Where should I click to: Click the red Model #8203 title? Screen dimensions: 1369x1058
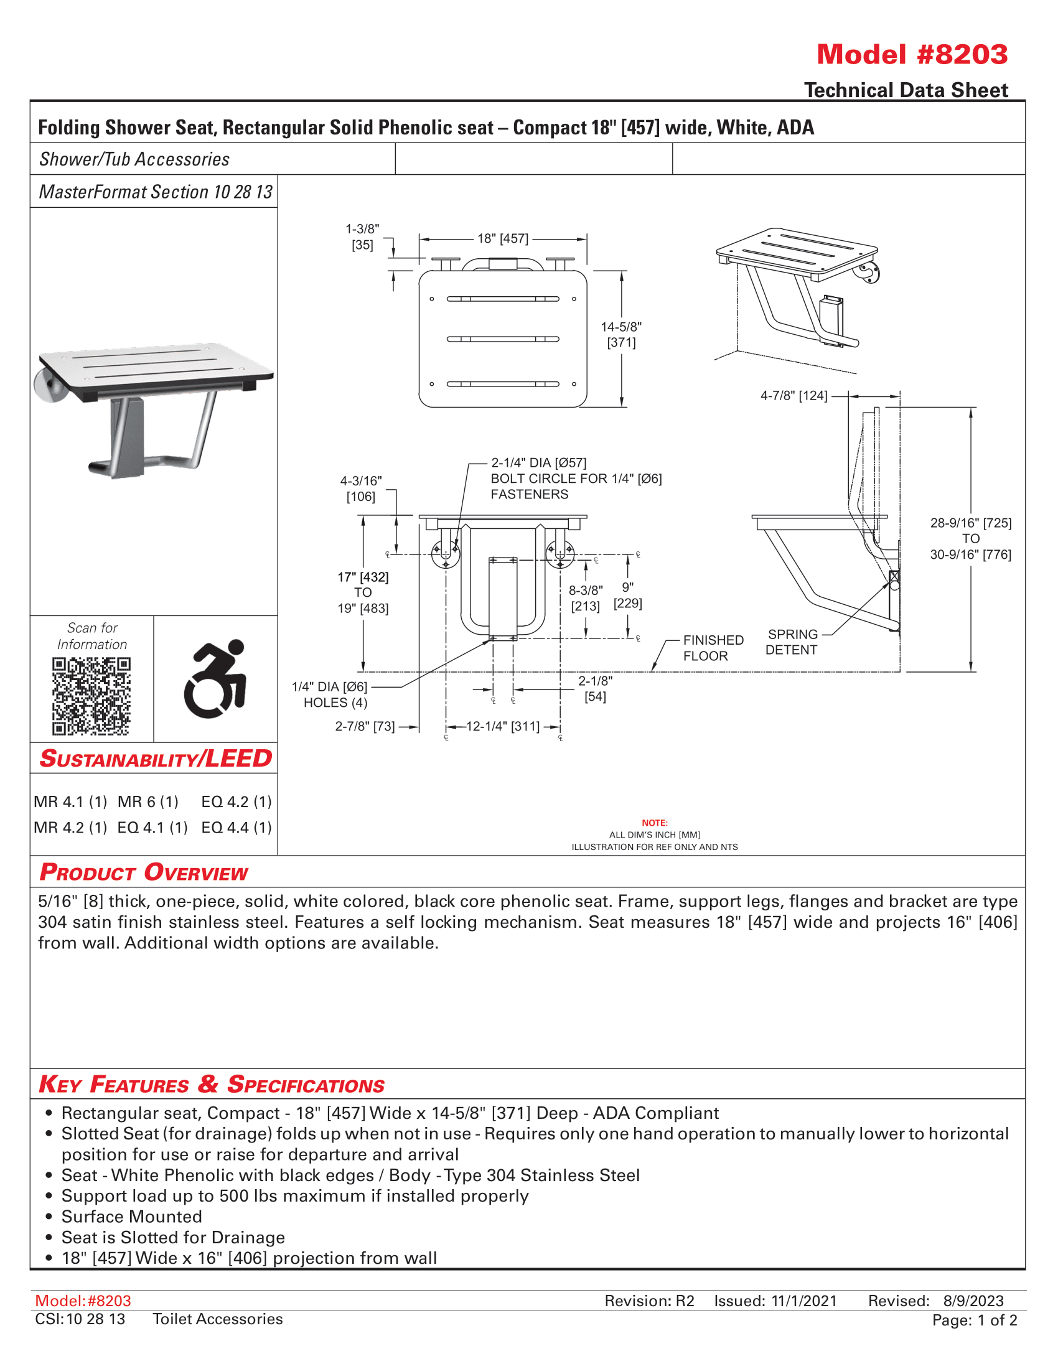click(x=912, y=55)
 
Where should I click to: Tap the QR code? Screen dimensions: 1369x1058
click(x=91, y=696)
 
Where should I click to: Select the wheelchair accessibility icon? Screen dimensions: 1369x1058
click(x=215, y=678)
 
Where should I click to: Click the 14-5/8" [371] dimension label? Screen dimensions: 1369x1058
click(x=621, y=334)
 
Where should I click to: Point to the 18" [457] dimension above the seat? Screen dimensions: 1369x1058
click(x=503, y=239)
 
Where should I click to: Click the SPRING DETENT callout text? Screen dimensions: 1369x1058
click(x=792, y=642)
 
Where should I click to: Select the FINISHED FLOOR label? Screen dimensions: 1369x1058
click(x=713, y=648)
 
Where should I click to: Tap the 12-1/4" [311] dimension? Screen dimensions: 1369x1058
click(x=503, y=726)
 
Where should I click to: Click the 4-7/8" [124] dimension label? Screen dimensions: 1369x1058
click(x=793, y=396)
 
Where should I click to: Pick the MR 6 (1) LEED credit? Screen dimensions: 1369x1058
click(x=148, y=801)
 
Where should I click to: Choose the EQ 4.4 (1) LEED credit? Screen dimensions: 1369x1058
click(x=236, y=828)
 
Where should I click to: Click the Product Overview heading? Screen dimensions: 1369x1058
click(x=144, y=872)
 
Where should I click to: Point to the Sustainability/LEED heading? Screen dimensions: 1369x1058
click(x=156, y=759)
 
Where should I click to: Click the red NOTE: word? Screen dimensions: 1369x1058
click(x=654, y=823)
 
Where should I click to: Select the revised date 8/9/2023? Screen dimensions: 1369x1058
click(x=973, y=1301)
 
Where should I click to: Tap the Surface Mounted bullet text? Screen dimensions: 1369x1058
click(x=131, y=1217)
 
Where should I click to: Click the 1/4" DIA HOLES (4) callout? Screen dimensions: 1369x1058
click(x=331, y=694)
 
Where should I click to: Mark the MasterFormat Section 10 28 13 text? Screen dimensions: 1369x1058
click(x=156, y=192)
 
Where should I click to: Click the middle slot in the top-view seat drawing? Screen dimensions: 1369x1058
click(x=503, y=339)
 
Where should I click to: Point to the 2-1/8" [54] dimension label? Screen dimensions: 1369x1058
click(x=595, y=688)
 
